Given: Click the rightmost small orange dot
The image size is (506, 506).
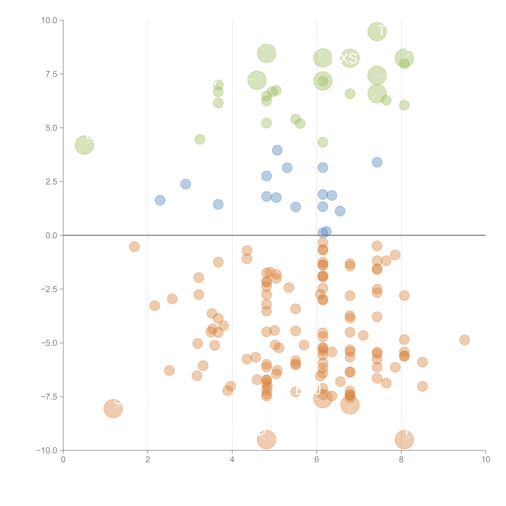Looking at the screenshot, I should point(464,340).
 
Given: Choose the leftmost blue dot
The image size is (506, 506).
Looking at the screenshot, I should point(160,200).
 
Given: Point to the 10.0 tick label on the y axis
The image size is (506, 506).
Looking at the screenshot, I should point(49,20).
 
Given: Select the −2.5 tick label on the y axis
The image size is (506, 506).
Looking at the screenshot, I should point(49,289).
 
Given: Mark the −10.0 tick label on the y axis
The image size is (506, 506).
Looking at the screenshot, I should point(47,450).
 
